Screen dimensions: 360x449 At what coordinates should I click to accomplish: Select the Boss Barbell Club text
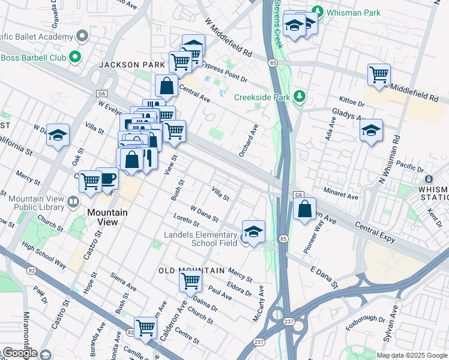click(x=32, y=58)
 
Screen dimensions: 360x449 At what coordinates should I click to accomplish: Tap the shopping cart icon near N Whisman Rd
click(x=379, y=74)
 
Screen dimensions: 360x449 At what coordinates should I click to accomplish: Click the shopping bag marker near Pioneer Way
click(x=305, y=209)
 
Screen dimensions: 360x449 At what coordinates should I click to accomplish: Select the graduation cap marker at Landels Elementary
click(x=253, y=231)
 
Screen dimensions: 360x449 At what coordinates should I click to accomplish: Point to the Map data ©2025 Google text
click(x=412, y=355)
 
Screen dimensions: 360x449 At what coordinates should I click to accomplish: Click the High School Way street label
click(x=44, y=255)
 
